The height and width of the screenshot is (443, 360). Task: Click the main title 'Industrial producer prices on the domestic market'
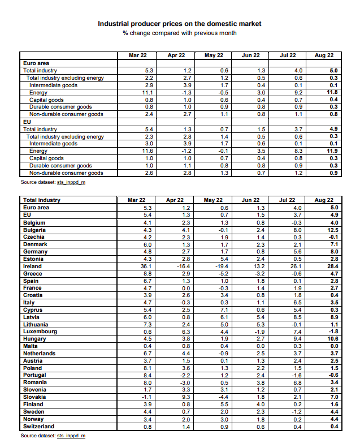[x=180, y=24]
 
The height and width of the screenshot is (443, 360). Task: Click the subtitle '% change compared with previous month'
[x=180, y=33]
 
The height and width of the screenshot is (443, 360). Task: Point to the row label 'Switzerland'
[x=38, y=426]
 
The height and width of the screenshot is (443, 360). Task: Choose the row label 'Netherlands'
[x=39, y=353]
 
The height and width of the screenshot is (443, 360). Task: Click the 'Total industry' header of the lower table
[x=41, y=200]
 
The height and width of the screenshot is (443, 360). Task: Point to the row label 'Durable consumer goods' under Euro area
[x=60, y=107]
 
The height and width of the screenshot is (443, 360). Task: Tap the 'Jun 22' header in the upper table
[x=250, y=55]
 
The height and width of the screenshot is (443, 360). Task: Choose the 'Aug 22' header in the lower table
[x=324, y=200]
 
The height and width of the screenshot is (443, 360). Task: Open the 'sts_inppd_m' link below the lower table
[x=71, y=436]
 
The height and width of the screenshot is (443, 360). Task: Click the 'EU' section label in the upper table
[x=27, y=122]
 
